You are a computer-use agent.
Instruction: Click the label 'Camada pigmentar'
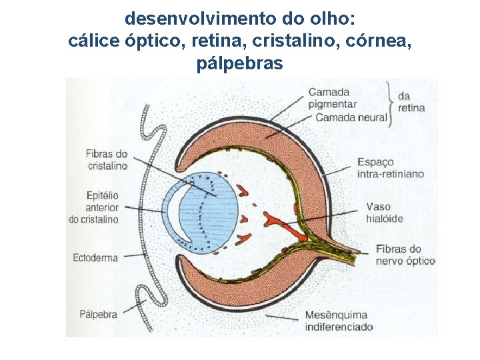pyautogui.click(x=333, y=98)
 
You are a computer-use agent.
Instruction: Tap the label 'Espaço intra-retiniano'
pyautogui.click(x=390, y=168)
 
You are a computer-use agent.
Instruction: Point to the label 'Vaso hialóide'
pyautogui.click(x=384, y=212)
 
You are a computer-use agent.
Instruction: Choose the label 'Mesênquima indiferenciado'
pyautogui.click(x=338, y=321)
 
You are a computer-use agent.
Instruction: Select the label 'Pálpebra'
pyautogui.click(x=98, y=313)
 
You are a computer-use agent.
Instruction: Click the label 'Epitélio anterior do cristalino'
pyautogui.click(x=93, y=207)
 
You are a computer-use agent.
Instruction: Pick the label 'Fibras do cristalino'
pyautogui.click(x=106, y=160)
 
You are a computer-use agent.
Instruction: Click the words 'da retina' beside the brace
pyautogui.click(x=411, y=102)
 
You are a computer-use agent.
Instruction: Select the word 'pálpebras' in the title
pyautogui.click(x=240, y=64)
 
